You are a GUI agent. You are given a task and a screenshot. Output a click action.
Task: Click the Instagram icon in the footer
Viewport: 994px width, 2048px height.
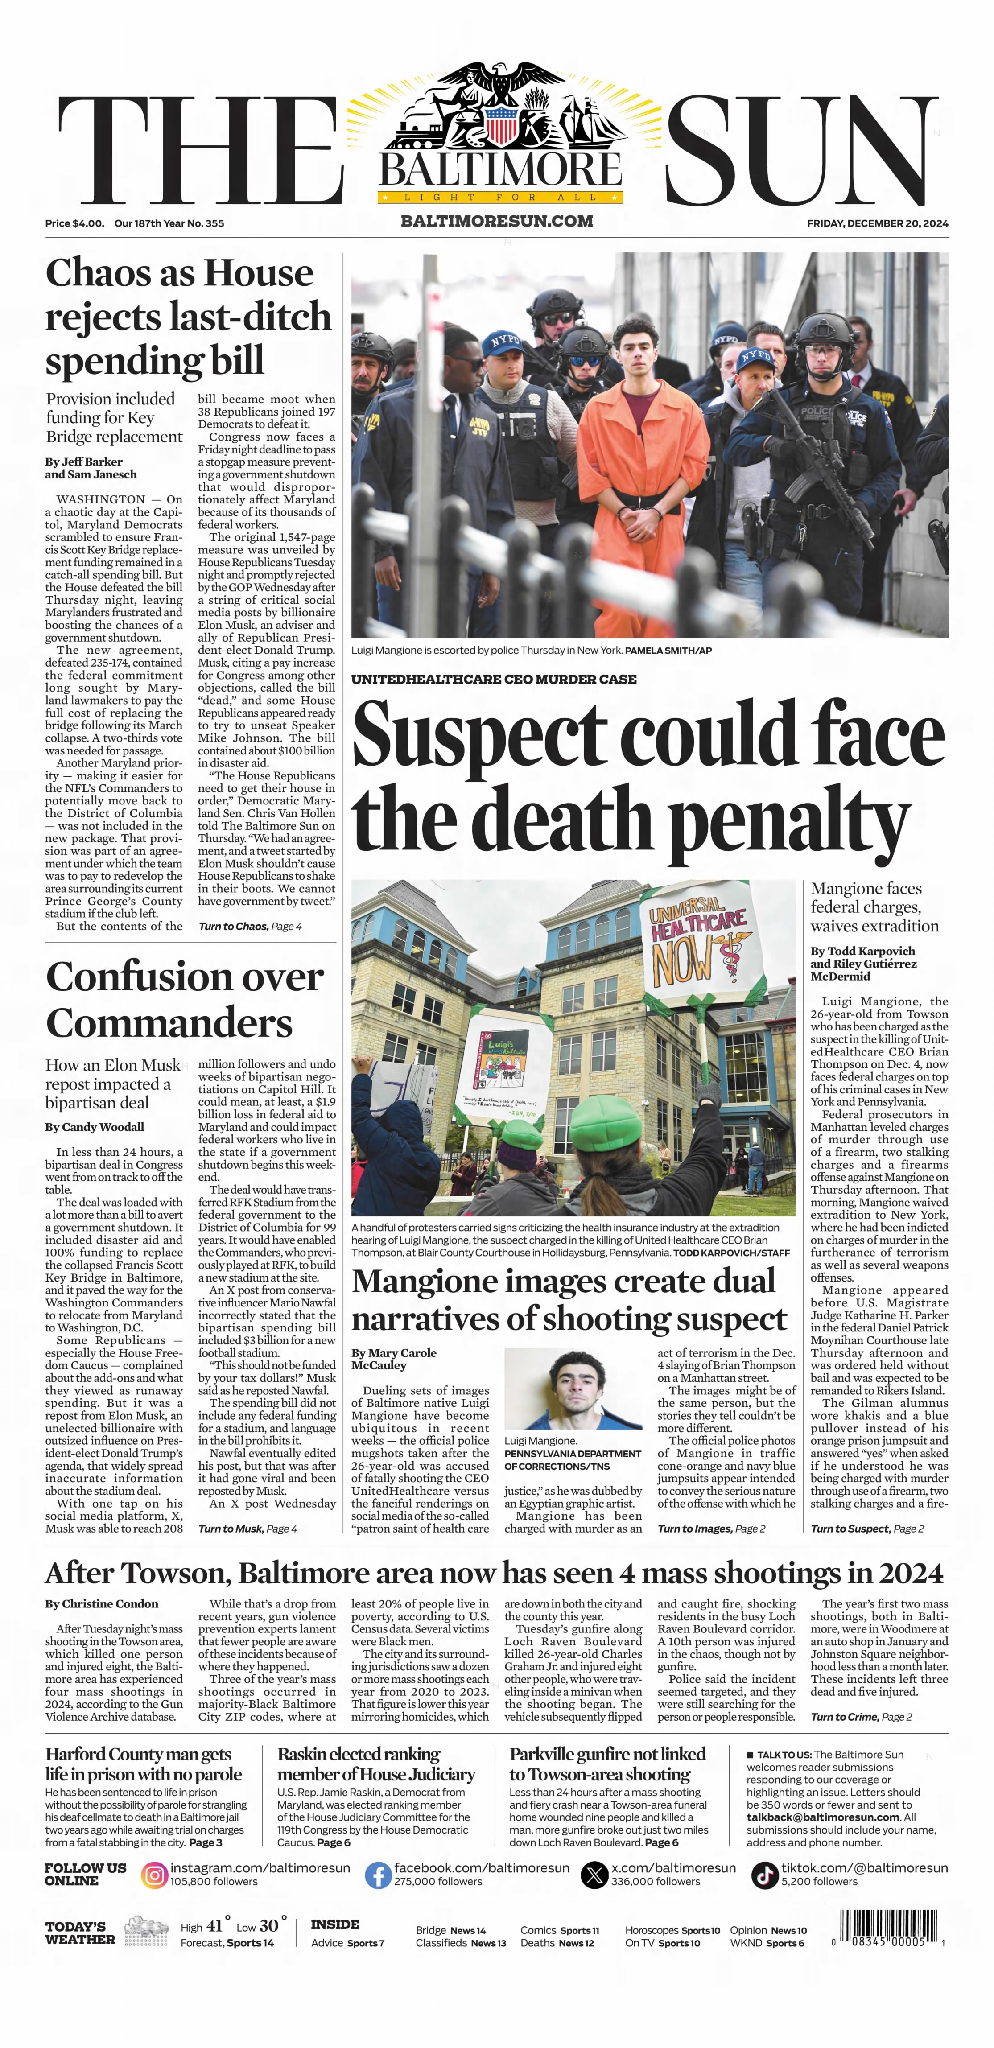[154, 1875]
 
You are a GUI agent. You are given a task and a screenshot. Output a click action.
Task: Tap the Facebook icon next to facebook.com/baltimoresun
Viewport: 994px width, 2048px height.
[378, 1875]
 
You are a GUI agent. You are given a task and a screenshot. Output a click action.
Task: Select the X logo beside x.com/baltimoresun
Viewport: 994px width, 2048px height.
[594, 1875]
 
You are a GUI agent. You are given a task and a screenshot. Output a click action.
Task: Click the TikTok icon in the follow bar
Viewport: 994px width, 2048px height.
[765, 1875]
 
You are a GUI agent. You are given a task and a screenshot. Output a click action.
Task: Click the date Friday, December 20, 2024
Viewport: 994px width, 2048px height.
[877, 223]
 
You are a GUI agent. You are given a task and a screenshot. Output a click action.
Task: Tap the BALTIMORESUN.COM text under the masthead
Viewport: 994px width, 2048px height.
[497, 221]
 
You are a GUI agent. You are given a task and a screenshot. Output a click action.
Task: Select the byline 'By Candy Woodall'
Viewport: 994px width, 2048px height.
[95, 1127]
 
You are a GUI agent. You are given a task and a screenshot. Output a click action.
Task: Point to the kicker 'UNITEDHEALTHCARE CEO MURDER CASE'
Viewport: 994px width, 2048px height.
[494, 679]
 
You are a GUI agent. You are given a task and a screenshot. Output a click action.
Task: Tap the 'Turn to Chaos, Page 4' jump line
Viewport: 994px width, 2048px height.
[250, 926]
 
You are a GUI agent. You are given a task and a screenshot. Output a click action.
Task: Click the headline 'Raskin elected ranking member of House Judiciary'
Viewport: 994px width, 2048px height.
[375, 1764]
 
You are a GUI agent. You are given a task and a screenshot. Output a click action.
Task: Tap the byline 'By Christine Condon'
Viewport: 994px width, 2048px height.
[102, 1603]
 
